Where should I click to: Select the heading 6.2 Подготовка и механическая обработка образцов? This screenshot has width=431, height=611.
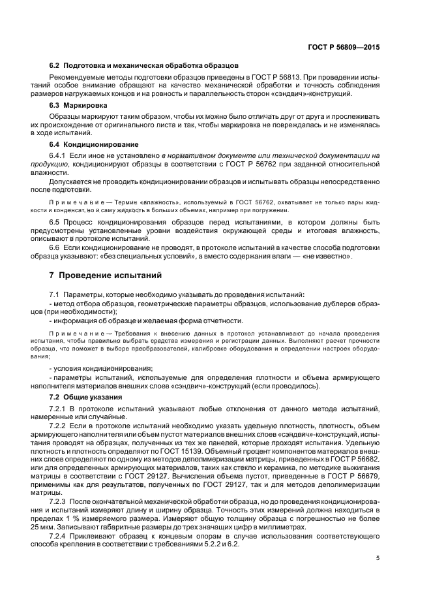144,65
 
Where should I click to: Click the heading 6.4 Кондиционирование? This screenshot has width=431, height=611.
93,144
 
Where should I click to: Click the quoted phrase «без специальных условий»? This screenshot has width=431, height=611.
159,257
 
